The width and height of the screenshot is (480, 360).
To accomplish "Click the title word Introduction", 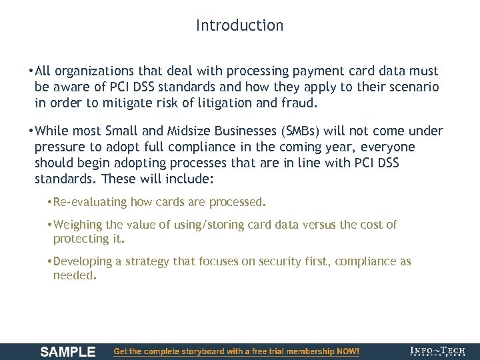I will pyautogui.click(x=239, y=25).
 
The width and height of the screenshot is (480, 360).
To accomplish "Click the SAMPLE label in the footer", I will pyautogui.click(x=68, y=351).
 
